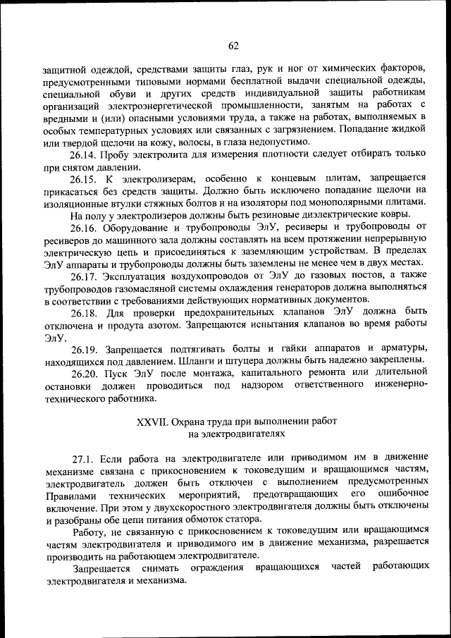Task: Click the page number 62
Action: point(234,47)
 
